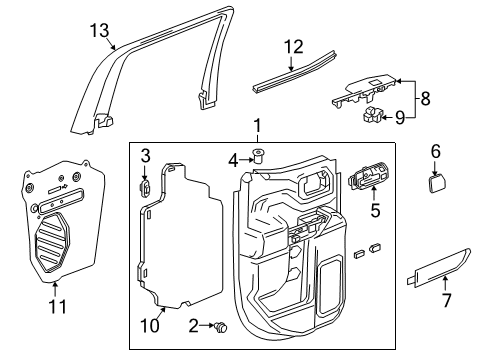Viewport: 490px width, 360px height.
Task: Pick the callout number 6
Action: (435, 151)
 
